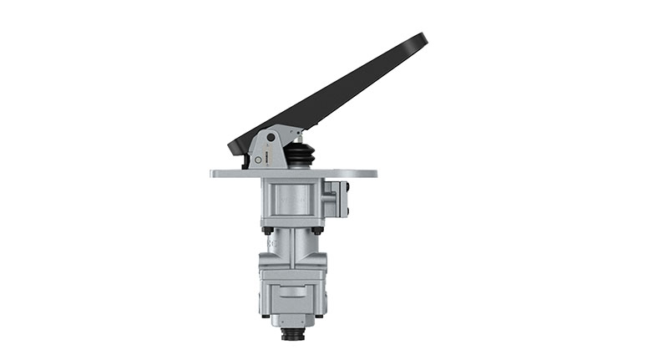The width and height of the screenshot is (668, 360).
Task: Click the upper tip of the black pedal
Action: pos(421,39)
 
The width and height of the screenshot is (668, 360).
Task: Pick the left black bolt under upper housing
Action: pos(266,230)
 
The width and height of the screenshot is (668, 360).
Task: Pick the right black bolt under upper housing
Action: pos(318,230)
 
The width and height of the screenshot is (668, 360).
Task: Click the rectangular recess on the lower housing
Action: pos(292,292)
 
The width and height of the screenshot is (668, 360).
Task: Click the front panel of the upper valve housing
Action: pos(289,200)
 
